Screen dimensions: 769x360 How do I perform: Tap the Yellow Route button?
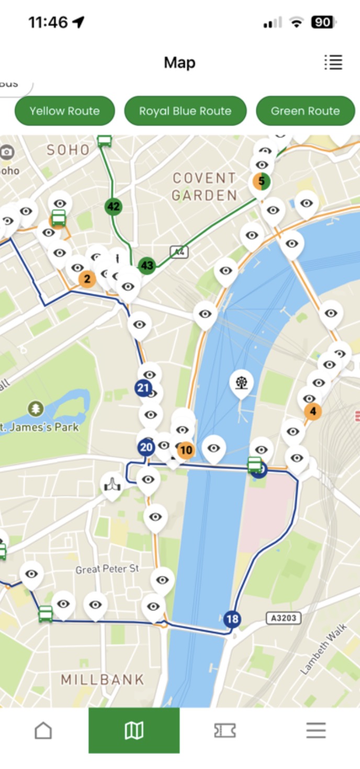click(x=64, y=111)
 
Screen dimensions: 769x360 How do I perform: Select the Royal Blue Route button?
click(x=185, y=111)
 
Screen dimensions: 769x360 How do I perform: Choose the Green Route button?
click(x=305, y=111)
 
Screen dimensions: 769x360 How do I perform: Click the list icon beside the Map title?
click(x=333, y=62)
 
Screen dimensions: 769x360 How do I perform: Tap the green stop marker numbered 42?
click(x=113, y=206)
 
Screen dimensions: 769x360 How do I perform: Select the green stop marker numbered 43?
click(x=147, y=265)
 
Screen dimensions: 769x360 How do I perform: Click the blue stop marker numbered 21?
click(x=143, y=388)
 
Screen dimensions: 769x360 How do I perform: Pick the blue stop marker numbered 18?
click(x=232, y=619)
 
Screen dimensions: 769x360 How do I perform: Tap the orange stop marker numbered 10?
click(x=186, y=450)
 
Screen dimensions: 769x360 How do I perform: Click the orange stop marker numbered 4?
click(x=313, y=411)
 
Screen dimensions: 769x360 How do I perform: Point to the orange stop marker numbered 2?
click(x=87, y=279)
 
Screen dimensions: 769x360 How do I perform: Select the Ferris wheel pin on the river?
click(x=241, y=382)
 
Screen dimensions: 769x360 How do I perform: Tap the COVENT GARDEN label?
click(x=205, y=187)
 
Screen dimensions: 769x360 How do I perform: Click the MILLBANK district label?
click(x=102, y=680)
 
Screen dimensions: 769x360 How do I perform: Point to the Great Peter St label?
click(x=107, y=569)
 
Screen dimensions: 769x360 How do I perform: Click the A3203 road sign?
click(x=284, y=618)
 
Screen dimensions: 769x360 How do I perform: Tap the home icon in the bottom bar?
click(x=43, y=730)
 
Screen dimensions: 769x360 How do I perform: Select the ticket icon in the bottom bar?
click(x=225, y=730)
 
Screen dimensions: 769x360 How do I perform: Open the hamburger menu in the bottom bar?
click(x=316, y=730)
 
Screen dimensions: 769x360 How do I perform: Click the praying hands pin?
click(x=112, y=484)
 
